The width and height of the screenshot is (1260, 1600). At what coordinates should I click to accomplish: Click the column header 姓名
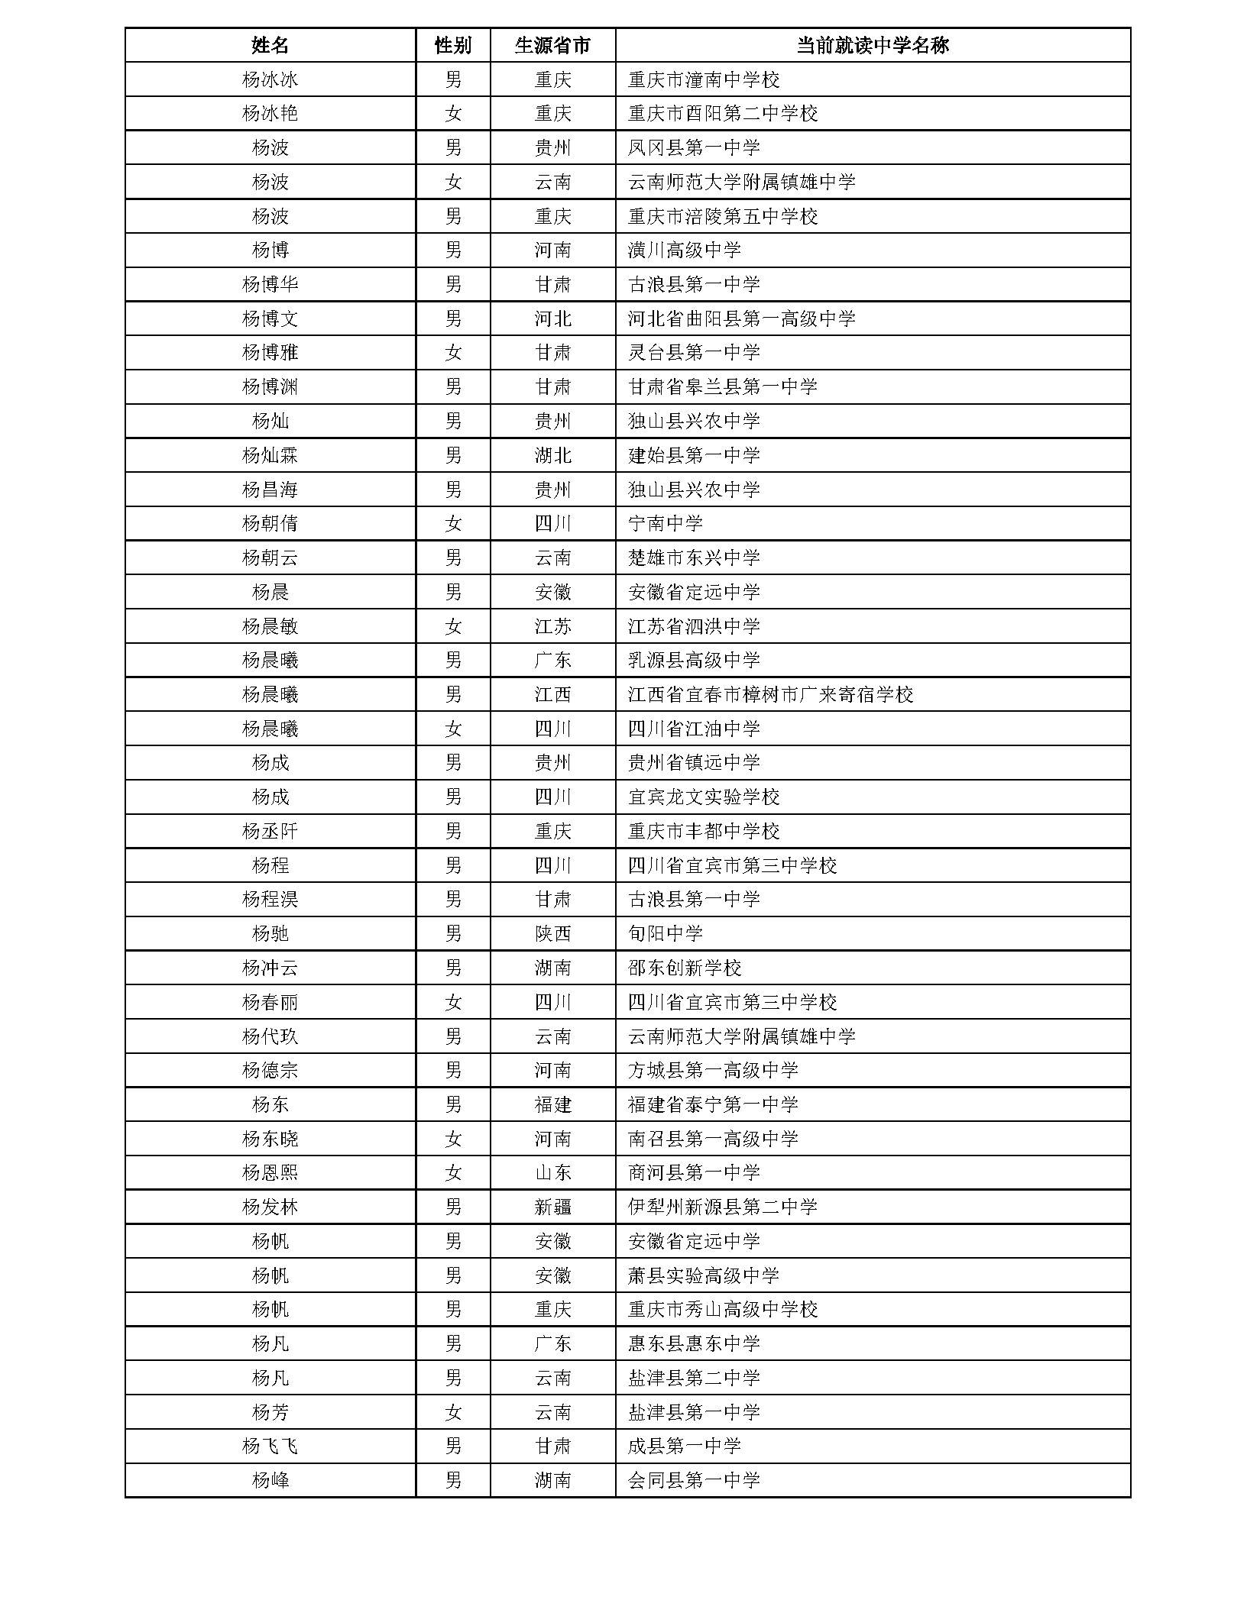pos(270,45)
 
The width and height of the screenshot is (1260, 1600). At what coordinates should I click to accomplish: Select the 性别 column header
pos(452,45)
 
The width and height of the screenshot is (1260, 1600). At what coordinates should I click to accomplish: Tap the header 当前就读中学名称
pos(872,45)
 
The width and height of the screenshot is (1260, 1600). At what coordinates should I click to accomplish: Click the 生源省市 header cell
pos(552,45)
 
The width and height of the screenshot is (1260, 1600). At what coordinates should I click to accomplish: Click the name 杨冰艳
pos(270,114)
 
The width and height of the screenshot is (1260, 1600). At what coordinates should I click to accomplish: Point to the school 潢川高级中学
pos(684,251)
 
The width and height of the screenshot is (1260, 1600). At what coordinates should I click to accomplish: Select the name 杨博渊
pos(270,387)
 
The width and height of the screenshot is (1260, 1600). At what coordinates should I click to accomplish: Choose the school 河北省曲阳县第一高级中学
pos(741,318)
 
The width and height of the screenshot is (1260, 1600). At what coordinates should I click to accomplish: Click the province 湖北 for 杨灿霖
pos(552,455)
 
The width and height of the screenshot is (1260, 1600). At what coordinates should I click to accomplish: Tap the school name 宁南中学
pos(665,524)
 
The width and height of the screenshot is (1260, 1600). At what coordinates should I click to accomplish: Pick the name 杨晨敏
pos(270,626)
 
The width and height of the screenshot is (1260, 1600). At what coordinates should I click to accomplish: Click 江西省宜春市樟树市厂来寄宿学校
pos(770,695)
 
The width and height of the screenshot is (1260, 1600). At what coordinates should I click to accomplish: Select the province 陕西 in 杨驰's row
pos(552,933)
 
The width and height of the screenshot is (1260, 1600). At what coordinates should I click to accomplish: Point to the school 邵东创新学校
pos(684,968)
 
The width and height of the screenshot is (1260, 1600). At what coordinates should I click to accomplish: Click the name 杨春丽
pos(270,1002)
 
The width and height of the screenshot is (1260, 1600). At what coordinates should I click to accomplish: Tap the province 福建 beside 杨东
pos(552,1104)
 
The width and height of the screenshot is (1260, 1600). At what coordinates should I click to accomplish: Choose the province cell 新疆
pos(552,1207)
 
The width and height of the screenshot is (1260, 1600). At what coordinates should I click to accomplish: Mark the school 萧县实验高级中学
pos(703,1275)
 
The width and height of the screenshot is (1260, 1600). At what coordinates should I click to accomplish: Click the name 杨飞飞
pos(270,1446)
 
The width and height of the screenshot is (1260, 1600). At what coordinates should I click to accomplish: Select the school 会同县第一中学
pos(693,1480)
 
